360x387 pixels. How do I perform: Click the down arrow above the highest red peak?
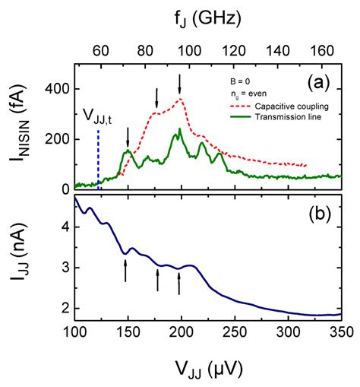pos(180,83)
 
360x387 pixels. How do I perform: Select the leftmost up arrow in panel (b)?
pos(126,270)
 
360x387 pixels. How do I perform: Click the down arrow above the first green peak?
pos(128,136)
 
